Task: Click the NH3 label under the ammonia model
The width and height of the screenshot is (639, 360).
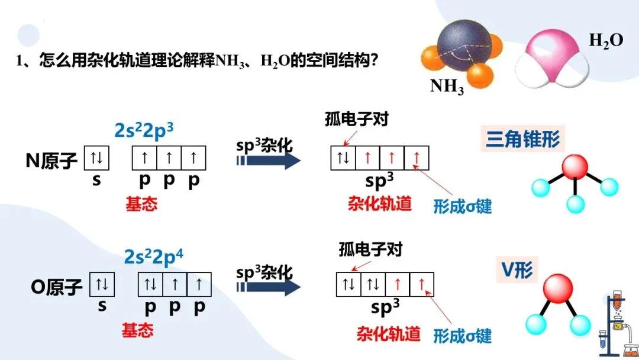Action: coord(447,86)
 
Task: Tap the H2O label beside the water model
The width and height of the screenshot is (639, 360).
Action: coord(606,41)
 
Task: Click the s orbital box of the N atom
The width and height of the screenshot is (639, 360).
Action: coord(96,158)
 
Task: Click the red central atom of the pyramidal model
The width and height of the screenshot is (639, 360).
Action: coord(573,168)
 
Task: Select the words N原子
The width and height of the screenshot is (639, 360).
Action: coord(51,160)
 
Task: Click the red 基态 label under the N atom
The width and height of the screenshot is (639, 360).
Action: coord(141,204)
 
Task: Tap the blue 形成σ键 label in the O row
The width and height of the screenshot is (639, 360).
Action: coord(462,336)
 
